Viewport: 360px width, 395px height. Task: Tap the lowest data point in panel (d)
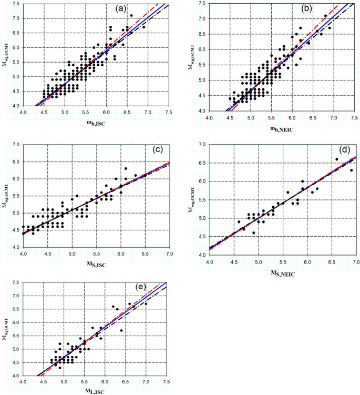point(253,232)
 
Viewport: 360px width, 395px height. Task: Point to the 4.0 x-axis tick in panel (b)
point(209,117)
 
